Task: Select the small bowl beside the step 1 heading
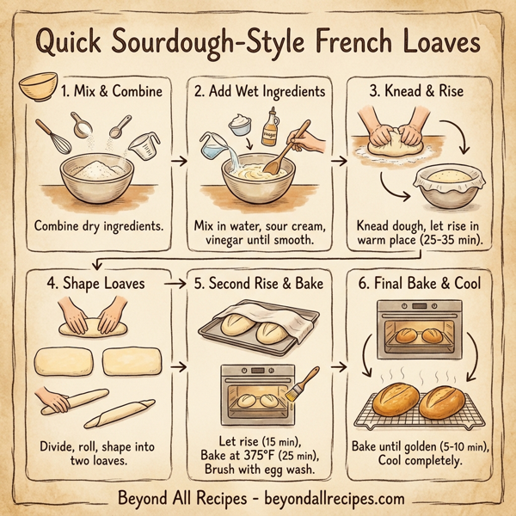(x=39, y=85)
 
